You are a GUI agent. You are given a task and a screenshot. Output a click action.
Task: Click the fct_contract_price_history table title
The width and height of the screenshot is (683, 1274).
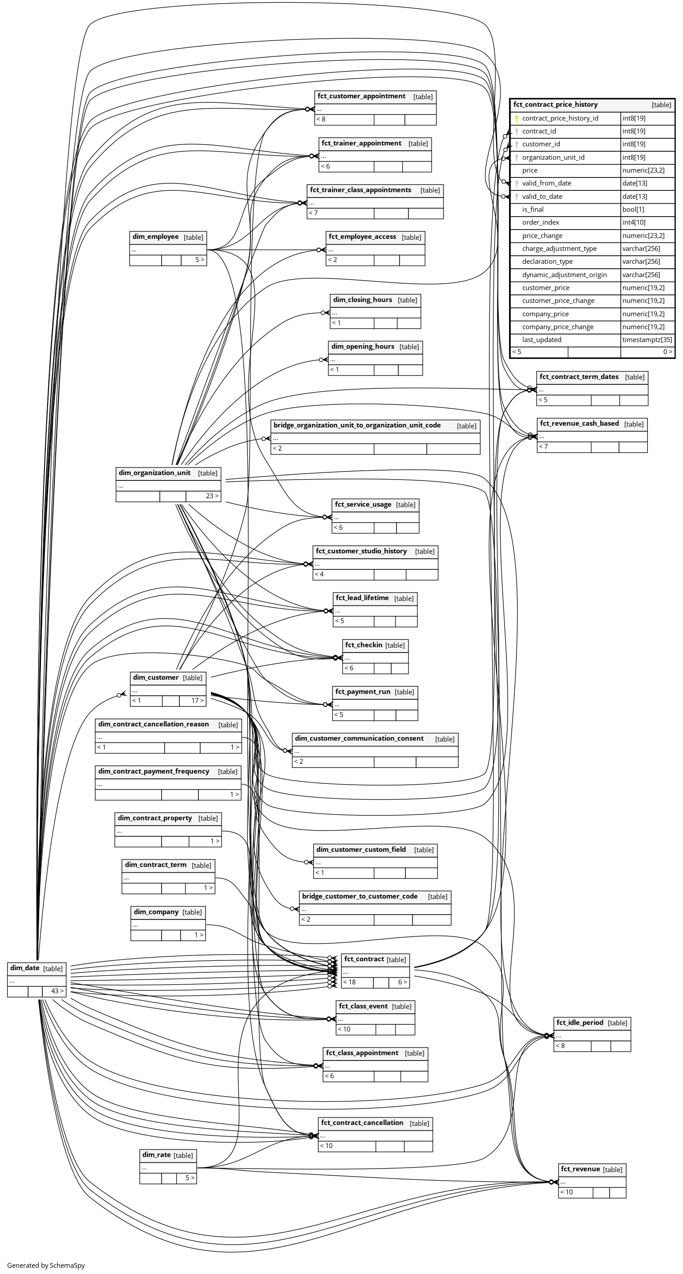tap(555, 105)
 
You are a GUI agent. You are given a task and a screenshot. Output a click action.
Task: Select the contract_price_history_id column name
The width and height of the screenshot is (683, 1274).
tap(560, 118)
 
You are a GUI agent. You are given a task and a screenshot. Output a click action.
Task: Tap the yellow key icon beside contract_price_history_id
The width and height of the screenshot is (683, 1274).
tap(516, 118)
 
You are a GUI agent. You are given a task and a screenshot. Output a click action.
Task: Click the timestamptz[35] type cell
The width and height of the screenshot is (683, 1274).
tap(647, 340)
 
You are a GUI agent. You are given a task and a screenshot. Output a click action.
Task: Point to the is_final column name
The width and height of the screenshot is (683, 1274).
tap(533, 209)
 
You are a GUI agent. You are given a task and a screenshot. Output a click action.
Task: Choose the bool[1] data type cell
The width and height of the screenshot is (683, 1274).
tap(633, 209)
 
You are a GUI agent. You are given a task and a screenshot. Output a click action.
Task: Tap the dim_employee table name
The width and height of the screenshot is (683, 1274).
tap(155, 237)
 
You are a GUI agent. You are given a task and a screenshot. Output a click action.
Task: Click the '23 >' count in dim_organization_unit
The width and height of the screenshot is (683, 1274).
tap(212, 496)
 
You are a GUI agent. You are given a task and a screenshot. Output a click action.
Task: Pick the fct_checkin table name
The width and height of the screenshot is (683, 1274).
tap(364, 645)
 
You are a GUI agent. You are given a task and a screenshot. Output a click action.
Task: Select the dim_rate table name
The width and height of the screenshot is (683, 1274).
tap(156, 1155)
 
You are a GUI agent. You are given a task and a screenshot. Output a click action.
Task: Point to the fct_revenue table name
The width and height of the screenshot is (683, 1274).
tap(580, 1169)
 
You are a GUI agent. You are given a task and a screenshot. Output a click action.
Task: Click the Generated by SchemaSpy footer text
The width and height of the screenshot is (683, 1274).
tap(46, 1265)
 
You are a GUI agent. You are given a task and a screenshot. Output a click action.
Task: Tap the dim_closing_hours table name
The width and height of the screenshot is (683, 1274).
tap(363, 300)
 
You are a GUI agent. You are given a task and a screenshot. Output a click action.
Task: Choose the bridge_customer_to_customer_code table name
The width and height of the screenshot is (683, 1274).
tap(360, 896)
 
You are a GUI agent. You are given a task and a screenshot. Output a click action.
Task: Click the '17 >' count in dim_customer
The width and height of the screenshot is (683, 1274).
tap(197, 700)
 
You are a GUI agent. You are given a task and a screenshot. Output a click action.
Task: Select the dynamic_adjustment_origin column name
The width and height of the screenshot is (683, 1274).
tap(564, 274)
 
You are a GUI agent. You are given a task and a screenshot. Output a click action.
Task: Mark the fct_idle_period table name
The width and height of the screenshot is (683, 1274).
tap(580, 1022)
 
